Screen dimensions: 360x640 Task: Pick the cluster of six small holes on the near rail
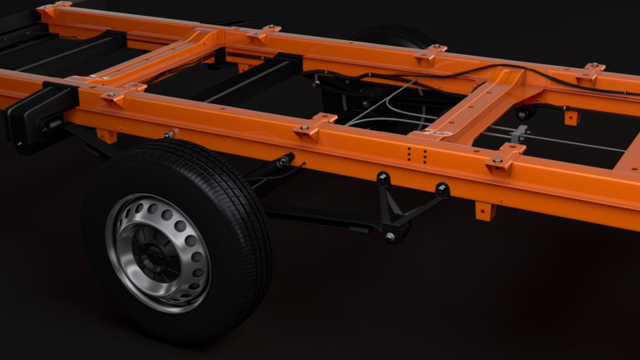[x=417, y=156]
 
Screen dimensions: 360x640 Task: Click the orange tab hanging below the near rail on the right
[x=484, y=210]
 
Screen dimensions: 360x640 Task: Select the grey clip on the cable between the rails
[x=521, y=133]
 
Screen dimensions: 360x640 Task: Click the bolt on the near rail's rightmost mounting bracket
[x=497, y=159]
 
